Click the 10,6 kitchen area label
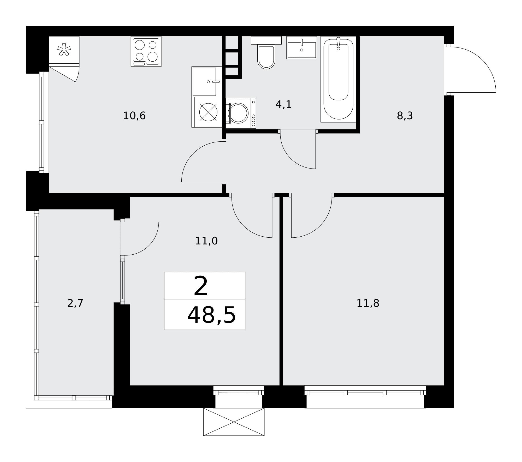(x=134, y=116)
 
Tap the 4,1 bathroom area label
(x=283, y=105)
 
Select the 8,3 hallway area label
(x=405, y=116)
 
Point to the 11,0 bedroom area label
(x=206, y=241)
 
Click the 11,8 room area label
(x=368, y=303)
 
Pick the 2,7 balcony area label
(x=75, y=303)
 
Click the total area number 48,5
(x=211, y=316)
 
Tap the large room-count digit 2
(x=201, y=286)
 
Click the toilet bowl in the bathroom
(x=266, y=57)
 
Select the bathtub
(x=338, y=79)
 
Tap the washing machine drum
(x=238, y=113)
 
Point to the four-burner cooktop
(x=146, y=52)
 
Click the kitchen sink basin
(x=204, y=82)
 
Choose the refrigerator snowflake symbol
(x=64, y=50)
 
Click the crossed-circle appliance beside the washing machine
(x=208, y=112)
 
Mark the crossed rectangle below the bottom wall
(x=234, y=422)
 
